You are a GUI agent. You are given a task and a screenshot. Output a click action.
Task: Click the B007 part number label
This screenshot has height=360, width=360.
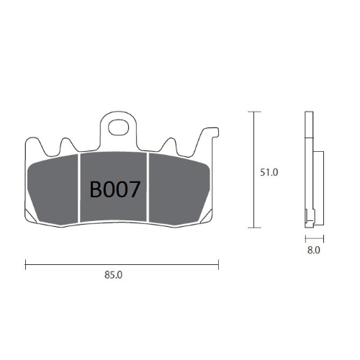pos(114,189)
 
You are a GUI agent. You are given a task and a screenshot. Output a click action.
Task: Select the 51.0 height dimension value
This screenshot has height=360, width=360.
pos(268,173)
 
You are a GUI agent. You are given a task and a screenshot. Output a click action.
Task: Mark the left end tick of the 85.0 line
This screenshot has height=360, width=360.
pos(25,264)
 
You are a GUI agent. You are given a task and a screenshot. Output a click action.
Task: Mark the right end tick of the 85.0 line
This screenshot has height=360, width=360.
pos(219,264)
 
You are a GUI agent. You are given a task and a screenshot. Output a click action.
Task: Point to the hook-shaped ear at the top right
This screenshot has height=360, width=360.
pos(210,134)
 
